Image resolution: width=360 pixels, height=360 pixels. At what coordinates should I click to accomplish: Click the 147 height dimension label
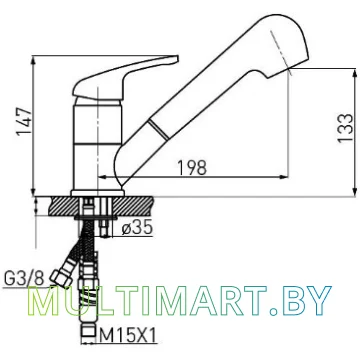pos(25,121)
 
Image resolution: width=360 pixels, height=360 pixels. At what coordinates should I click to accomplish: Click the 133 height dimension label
pos(345,128)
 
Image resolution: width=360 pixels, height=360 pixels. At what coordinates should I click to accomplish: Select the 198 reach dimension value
pos(191,168)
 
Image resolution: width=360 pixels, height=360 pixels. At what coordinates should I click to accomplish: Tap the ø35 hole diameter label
pos(137,228)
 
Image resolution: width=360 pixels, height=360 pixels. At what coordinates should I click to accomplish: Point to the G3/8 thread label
pos(24,278)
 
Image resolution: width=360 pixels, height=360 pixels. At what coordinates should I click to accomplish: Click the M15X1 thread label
pos(128,336)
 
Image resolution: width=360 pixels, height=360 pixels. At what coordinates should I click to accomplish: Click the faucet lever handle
pos(125,78)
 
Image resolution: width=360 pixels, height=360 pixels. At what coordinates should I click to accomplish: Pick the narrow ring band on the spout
pos(158,129)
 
